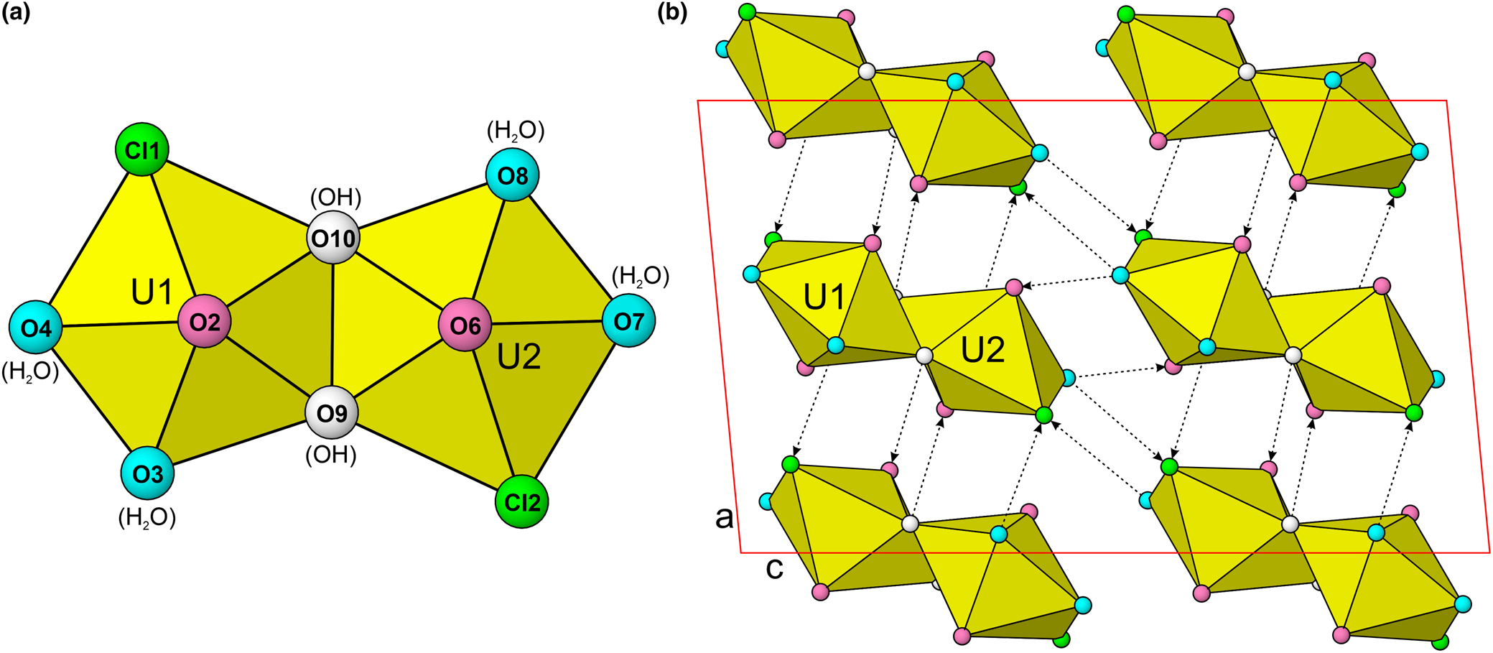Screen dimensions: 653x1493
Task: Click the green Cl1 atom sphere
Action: point(142,149)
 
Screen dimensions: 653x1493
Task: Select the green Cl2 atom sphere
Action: point(522,501)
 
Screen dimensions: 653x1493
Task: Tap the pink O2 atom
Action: point(205,321)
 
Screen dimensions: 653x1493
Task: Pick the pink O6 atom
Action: point(465,325)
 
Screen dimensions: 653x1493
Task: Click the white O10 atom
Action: point(333,237)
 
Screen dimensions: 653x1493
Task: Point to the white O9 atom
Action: point(332,413)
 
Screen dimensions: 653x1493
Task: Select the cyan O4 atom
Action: point(36,328)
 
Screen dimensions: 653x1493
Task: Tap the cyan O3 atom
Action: point(148,473)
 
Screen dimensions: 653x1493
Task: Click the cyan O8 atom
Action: point(513,175)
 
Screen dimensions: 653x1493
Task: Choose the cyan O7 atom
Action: point(628,321)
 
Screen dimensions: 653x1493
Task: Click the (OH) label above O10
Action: point(335,197)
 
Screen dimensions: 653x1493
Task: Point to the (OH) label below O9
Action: point(331,455)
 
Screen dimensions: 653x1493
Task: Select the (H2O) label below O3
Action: point(147,517)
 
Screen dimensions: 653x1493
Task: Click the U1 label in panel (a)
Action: point(152,292)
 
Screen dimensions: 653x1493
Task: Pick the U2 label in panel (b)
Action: point(982,350)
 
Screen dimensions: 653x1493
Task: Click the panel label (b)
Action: point(672,13)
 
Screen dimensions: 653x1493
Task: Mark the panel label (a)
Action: point(16,13)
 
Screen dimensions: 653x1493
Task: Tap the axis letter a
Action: point(725,516)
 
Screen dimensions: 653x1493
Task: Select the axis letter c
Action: point(774,568)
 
